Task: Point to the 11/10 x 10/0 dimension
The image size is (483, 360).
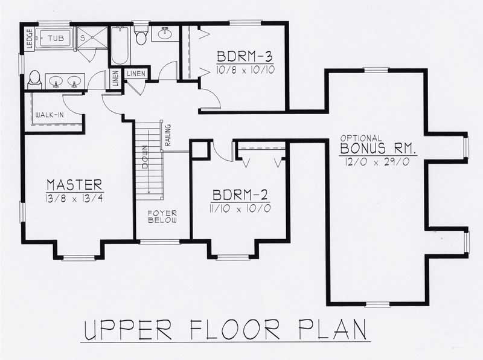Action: point(240,209)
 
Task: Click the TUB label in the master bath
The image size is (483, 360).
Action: point(56,38)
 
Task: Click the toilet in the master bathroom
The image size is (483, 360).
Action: point(34,79)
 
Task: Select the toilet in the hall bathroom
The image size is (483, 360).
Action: point(141,36)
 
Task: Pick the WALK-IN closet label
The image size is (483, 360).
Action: point(50,114)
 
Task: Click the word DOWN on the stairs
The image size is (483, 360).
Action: point(146,159)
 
